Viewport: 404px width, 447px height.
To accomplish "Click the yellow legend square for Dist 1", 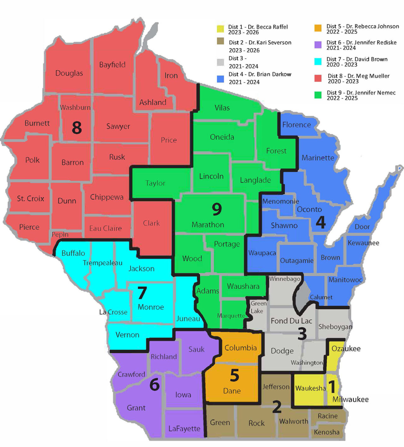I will click(x=220, y=29).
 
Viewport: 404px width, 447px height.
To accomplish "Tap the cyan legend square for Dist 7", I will click(x=318, y=61).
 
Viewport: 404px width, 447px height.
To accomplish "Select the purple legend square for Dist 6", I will click(x=318, y=44).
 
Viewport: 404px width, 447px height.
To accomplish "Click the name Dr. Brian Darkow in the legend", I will click(x=270, y=74).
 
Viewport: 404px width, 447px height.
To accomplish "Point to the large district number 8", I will click(x=77, y=128).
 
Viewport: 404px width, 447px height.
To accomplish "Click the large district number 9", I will click(x=217, y=209).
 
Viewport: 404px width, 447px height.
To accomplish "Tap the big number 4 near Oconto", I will click(x=321, y=222).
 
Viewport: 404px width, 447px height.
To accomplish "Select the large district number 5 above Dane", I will click(x=234, y=375).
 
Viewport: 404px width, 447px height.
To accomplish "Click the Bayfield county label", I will click(x=112, y=65).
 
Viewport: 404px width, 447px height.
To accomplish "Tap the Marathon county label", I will click(x=208, y=225).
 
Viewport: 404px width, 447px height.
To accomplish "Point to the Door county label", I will click(x=362, y=227).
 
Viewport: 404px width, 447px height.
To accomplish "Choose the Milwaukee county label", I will click(x=350, y=399).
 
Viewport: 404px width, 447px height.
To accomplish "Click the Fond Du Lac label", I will click(x=291, y=321).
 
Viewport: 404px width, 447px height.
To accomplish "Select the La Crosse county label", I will click(x=113, y=312).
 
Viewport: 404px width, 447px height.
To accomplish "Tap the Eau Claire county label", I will click(x=105, y=228).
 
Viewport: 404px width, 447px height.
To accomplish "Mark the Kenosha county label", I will click(x=327, y=432).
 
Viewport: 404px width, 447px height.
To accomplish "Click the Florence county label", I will click(x=296, y=125).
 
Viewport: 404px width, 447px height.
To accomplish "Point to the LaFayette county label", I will click(x=184, y=428).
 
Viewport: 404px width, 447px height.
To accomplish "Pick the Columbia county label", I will click(x=241, y=348).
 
